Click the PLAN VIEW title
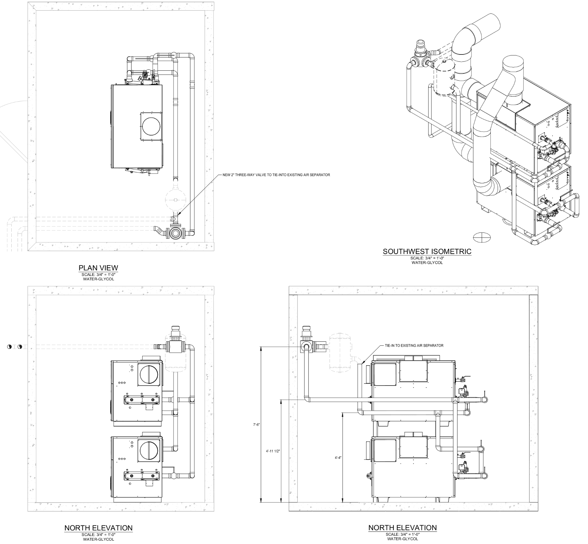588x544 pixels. (98, 268)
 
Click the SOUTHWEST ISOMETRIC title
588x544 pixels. (427, 251)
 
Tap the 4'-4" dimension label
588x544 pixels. (338, 458)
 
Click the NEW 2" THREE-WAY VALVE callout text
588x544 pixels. (276, 175)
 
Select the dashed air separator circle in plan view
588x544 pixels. (176, 200)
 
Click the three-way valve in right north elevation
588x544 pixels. (306, 347)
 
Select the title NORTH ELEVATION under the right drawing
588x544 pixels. (402, 528)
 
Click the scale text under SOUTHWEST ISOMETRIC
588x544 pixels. (427, 258)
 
